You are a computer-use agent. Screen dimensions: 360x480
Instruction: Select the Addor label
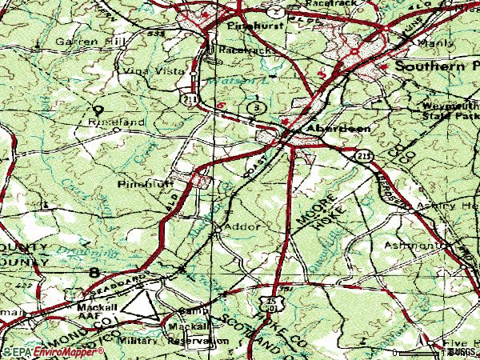pos(242,226)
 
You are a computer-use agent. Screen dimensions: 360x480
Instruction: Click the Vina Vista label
pos(141,70)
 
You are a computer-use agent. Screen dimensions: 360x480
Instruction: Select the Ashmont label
pos(413,245)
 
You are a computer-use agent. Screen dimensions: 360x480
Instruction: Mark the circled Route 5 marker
pos(255,106)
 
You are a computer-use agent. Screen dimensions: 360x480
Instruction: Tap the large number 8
pos(96,274)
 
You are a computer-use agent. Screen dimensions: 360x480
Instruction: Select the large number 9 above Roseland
pos(98,110)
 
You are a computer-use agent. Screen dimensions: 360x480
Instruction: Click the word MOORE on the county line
pos(306,210)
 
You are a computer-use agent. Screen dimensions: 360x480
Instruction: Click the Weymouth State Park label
pos(448,110)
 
